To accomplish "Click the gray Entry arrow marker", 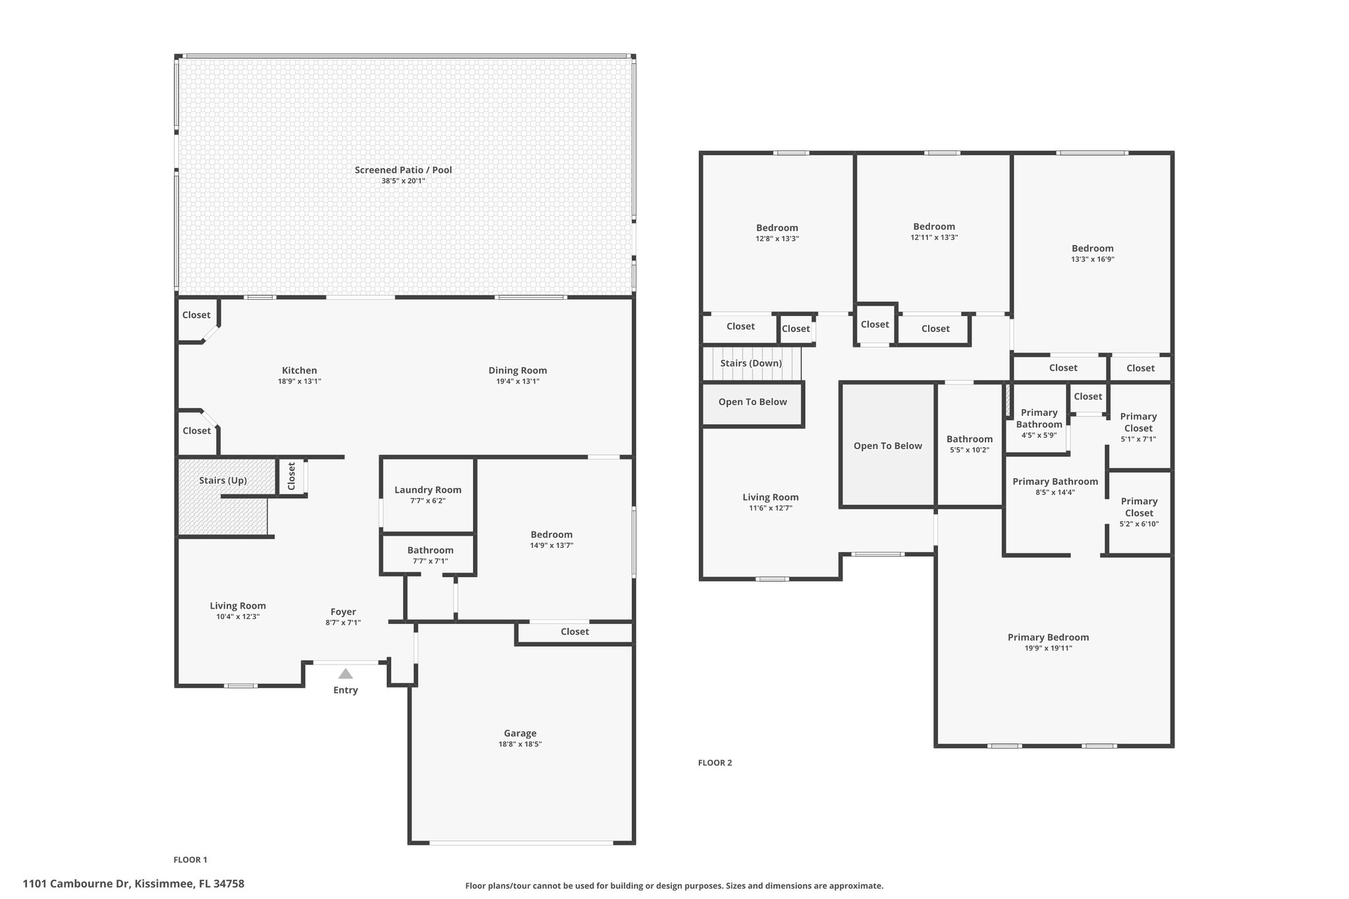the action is click(x=345, y=674).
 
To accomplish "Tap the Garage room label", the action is click(x=520, y=733).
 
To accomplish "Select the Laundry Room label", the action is click(x=428, y=490).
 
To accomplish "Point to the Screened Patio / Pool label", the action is click(x=403, y=170).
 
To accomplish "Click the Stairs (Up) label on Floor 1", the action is click(x=223, y=480).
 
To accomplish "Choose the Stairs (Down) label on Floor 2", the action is click(x=751, y=363).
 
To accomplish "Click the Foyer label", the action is click(x=343, y=612).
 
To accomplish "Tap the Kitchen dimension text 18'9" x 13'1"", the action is click(x=300, y=381).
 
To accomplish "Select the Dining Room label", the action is click(x=518, y=370).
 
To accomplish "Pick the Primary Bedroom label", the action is click(x=1049, y=638).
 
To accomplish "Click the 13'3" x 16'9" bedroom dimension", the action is click(x=1093, y=259).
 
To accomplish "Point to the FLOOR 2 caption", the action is click(x=715, y=763).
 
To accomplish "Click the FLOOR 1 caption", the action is click(x=190, y=859).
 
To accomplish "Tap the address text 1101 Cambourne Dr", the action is click(x=76, y=884).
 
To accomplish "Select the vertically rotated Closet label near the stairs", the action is click(x=291, y=476).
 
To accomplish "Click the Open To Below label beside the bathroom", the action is click(x=888, y=446).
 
